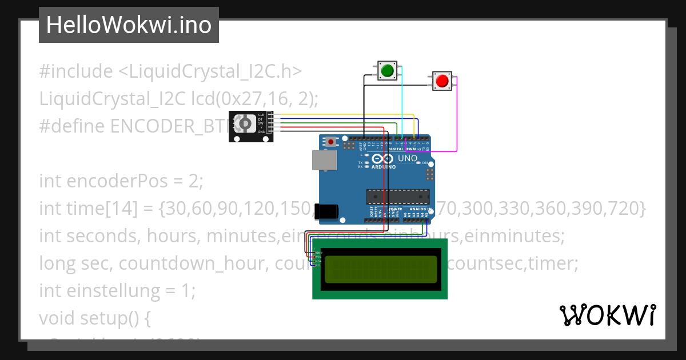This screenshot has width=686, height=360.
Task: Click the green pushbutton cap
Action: pos(388,71)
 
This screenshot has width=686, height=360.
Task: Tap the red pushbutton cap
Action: pos(442,81)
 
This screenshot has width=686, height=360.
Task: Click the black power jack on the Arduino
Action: pos(328,212)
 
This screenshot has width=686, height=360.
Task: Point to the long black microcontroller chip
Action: pos(397,197)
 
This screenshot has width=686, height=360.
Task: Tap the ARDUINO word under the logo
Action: pos(384,167)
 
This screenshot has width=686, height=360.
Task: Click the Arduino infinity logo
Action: pos(382,159)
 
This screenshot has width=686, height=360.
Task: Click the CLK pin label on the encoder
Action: pos(261,115)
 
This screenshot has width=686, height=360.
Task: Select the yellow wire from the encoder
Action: pos(343,114)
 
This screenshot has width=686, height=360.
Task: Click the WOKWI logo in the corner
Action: pos(607,315)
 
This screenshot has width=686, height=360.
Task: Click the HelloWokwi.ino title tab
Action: pos(129,25)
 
